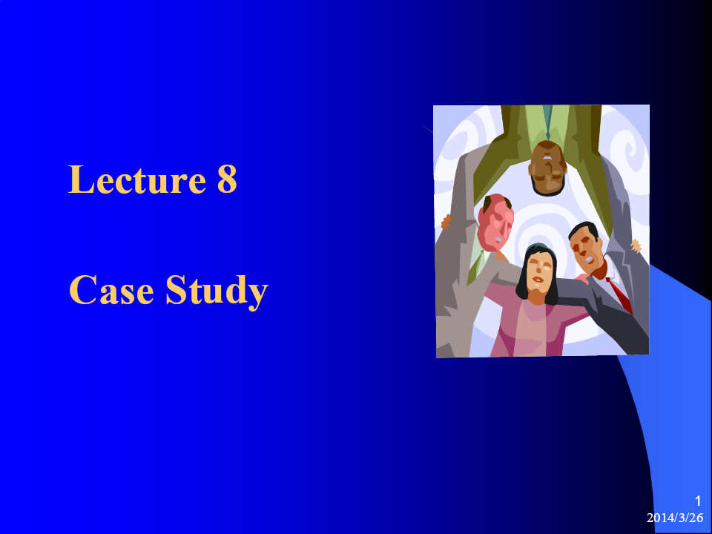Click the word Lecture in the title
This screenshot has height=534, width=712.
(x=137, y=179)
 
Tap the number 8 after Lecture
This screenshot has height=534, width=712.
(x=227, y=179)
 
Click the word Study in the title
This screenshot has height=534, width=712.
(x=217, y=291)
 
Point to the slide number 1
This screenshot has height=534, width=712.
(x=698, y=501)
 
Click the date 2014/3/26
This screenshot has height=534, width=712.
(x=675, y=518)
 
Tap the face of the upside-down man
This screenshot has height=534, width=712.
(x=547, y=169)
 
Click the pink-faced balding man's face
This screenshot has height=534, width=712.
(x=495, y=222)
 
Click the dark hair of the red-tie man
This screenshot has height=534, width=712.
(x=584, y=229)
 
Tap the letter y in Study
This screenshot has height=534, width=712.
(x=258, y=297)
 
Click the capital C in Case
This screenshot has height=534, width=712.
(x=82, y=290)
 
